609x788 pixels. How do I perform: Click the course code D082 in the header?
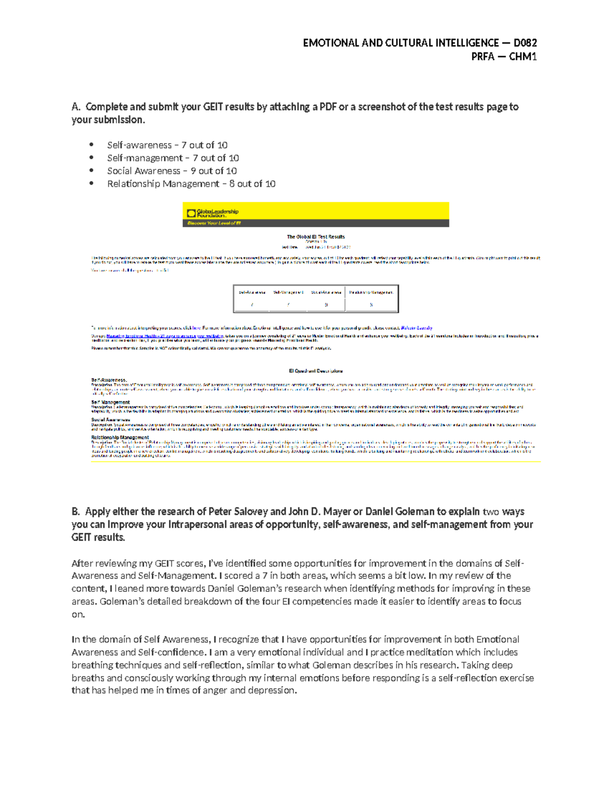tap(525, 43)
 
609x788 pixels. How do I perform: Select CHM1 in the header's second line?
tap(523, 56)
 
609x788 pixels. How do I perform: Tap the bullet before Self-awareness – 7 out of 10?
tap(91, 145)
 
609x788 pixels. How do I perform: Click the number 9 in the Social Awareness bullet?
tap(193, 171)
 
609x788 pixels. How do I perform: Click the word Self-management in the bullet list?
tap(145, 158)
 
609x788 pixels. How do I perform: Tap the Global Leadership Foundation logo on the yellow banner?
tap(213, 213)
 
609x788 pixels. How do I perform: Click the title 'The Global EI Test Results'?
tap(315, 236)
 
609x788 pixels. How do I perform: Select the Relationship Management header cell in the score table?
tap(371, 292)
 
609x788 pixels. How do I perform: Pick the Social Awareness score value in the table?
tap(326, 305)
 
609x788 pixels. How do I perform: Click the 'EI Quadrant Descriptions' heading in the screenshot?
tap(315, 371)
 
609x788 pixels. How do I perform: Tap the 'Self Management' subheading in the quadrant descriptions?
tap(110, 402)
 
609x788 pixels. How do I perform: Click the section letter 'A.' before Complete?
tap(76, 107)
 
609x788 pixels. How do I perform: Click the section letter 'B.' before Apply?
tap(76, 511)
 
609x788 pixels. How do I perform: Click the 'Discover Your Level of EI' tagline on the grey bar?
tap(214, 223)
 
